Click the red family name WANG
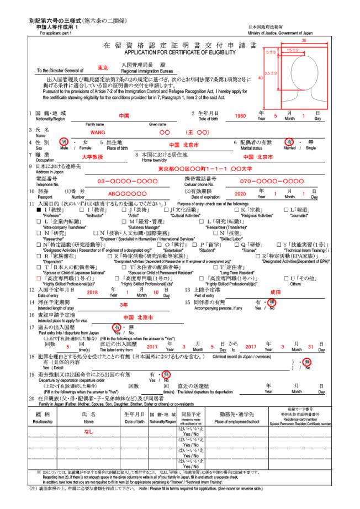[x=98, y=132]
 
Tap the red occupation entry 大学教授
[x=93, y=157]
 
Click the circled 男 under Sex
[x=64, y=142]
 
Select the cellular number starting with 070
[x=271, y=181]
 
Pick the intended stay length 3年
[x=124, y=305]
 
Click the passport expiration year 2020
[x=240, y=194]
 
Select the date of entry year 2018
[x=92, y=293]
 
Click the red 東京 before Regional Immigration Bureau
[x=103, y=68]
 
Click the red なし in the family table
[x=88, y=431]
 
